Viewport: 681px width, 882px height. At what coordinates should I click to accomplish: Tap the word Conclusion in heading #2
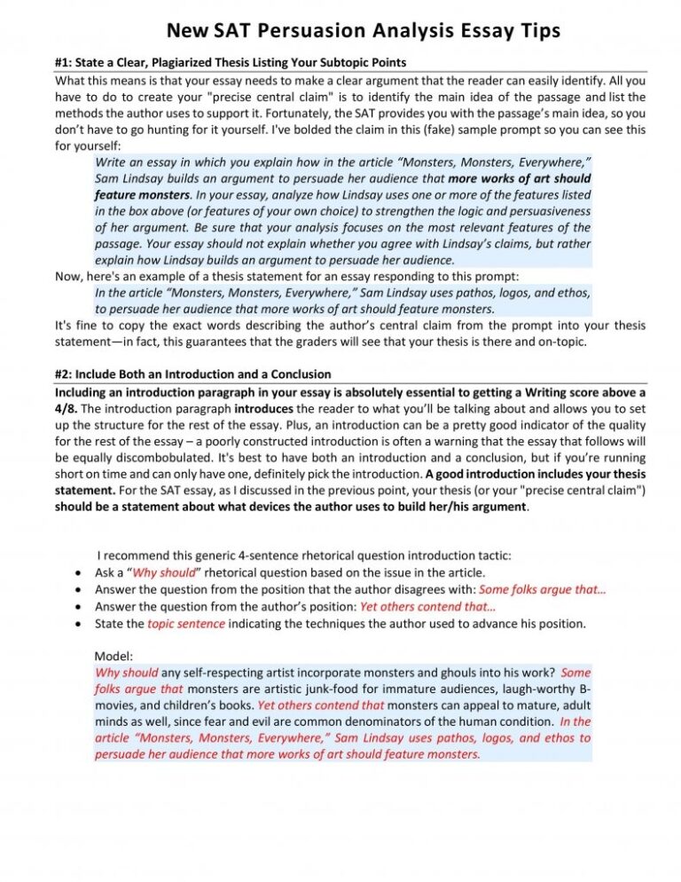296,374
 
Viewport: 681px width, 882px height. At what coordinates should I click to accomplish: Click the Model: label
113,657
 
